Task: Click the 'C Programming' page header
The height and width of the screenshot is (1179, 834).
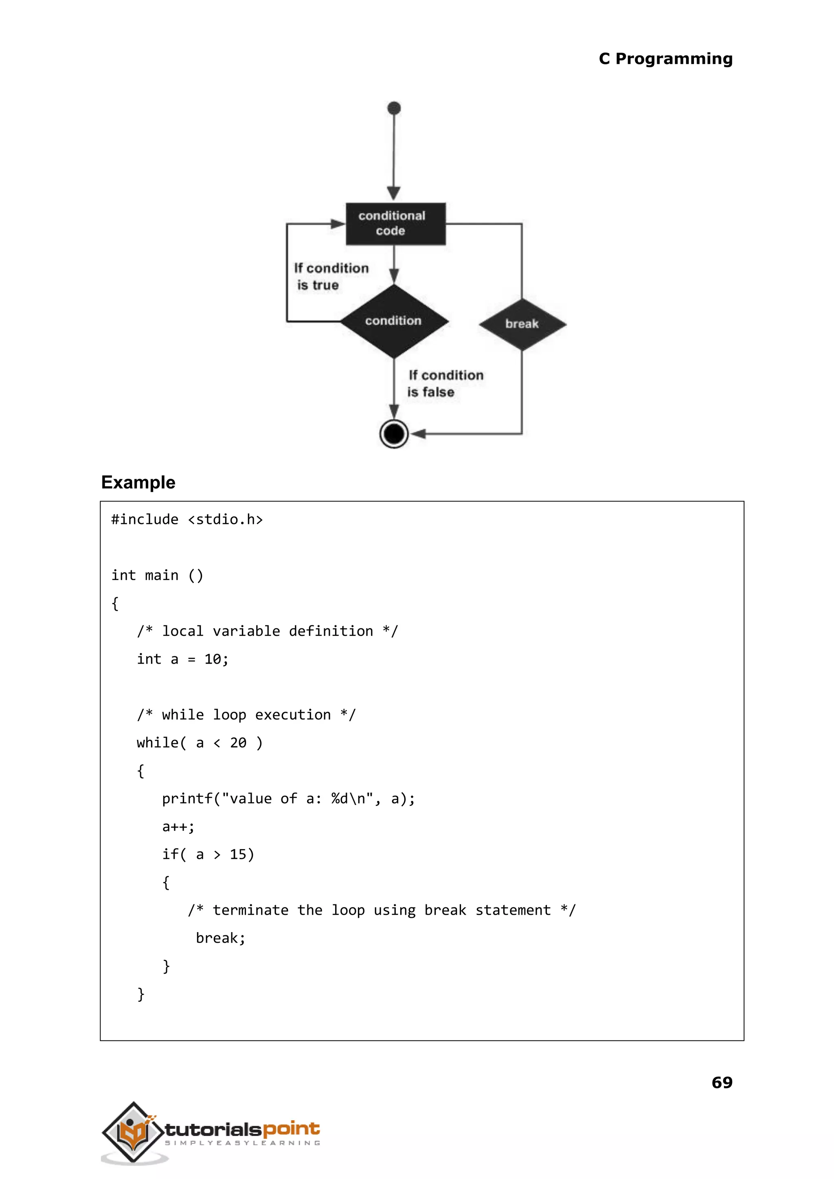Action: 665,59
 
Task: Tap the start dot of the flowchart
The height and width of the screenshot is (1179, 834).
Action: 394,108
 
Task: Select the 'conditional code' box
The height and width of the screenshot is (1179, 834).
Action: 395,224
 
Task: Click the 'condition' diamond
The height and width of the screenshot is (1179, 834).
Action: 394,321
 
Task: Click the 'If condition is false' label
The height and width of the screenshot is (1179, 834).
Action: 445,383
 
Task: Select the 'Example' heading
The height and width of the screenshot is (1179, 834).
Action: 138,482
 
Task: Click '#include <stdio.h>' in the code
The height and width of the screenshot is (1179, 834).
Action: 187,519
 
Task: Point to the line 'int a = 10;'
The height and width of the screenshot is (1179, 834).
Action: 182,659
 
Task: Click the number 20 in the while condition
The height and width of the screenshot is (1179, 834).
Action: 238,743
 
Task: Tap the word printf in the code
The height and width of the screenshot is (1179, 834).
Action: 187,798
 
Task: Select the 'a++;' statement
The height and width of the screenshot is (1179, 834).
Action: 178,827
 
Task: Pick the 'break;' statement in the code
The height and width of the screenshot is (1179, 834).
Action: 220,938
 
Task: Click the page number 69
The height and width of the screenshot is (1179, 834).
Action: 722,1082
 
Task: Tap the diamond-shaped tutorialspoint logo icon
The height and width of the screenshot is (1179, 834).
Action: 134,1132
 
